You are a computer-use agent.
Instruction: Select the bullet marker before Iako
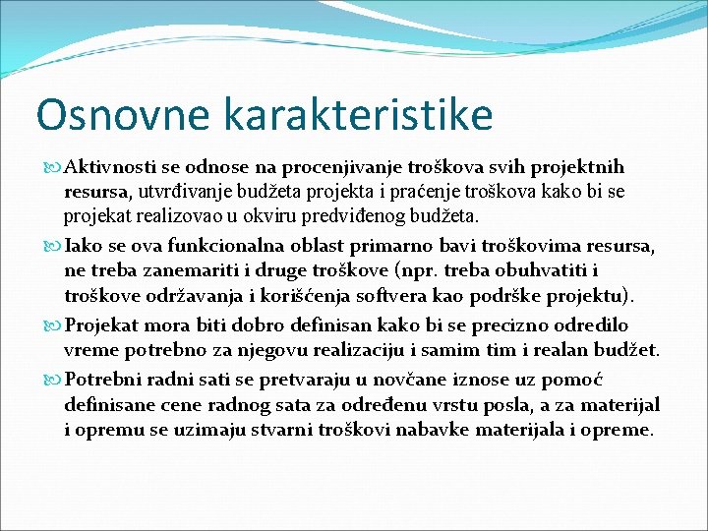tap(52, 245)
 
